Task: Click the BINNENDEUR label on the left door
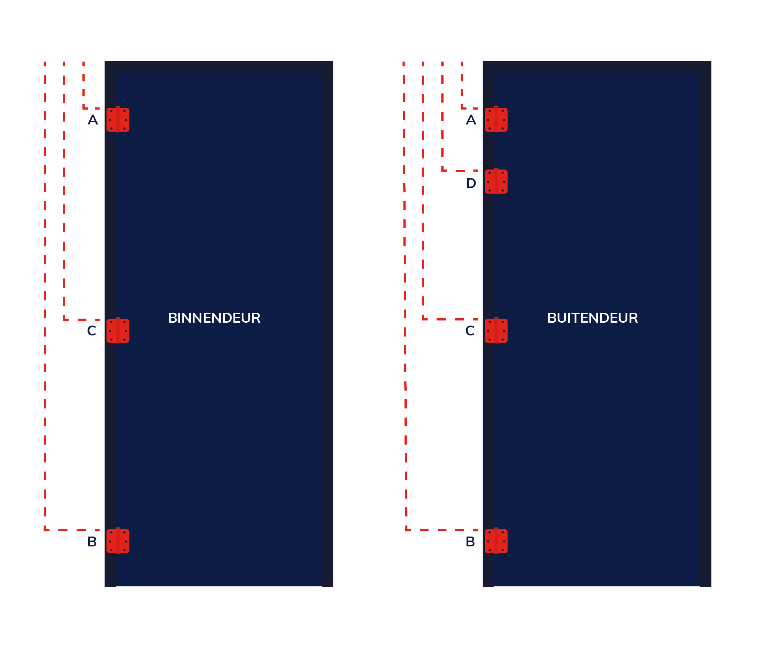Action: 214,318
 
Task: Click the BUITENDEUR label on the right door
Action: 592,318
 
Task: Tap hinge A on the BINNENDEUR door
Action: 118,120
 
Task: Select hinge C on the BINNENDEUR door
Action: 118,330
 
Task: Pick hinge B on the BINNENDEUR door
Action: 118,541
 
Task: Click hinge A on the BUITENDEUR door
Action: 496,120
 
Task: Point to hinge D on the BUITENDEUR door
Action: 496,181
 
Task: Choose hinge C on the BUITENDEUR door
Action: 496,330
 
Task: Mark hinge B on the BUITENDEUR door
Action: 496,541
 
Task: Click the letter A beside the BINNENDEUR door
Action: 93,120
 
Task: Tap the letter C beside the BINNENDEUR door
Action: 92,331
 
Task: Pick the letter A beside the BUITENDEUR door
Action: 471,120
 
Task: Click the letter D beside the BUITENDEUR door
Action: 471,183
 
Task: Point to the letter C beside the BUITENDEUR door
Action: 469,331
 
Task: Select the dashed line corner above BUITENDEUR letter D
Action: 443,170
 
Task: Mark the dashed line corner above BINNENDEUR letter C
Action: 64,319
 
